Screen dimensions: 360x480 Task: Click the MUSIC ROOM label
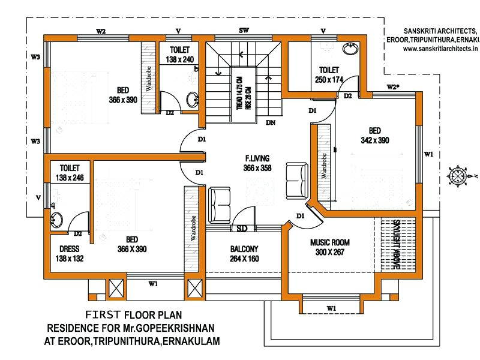tap(329, 242)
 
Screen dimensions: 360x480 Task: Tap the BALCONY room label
tap(244, 249)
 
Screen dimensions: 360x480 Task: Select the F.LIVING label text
tap(257, 158)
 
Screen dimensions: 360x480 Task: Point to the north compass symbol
tap(461, 176)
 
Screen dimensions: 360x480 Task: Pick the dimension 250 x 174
tap(329, 79)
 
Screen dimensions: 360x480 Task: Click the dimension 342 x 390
tap(374, 140)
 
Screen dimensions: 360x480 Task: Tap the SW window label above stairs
tap(244, 30)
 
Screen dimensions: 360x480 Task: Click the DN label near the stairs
tap(271, 122)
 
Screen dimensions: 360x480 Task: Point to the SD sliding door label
tap(243, 228)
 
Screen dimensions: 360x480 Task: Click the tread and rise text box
tap(243, 95)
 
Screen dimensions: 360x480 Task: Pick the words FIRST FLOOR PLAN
tap(133, 314)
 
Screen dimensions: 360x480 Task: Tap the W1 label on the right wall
tap(428, 154)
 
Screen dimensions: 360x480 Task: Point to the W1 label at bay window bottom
tap(331, 308)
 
